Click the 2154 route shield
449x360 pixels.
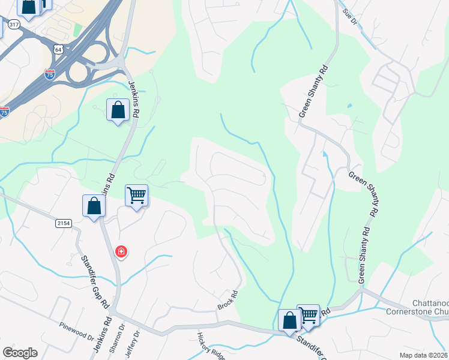pyautogui.click(x=64, y=223)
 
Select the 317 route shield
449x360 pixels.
pyautogui.click(x=14, y=24)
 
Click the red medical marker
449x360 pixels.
pyautogui.click(x=121, y=251)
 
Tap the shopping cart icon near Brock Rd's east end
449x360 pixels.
pyautogui.click(x=309, y=313)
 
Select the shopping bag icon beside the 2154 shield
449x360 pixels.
pyautogui.click(x=94, y=206)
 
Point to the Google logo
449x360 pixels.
pyautogui.click(x=20, y=352)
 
